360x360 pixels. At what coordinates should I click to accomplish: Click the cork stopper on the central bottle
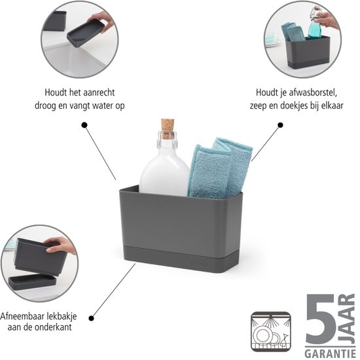(168, 128)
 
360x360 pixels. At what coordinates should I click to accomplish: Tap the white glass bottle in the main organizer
(164, 166)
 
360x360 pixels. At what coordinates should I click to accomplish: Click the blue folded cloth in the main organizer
(220, 168)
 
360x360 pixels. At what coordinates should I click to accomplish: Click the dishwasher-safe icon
(271, 332)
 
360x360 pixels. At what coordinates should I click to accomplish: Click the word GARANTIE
(330, 353)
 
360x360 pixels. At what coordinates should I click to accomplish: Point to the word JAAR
(348, 319)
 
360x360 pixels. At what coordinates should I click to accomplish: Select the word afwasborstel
(313, 92)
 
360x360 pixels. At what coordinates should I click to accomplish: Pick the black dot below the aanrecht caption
(84, 125)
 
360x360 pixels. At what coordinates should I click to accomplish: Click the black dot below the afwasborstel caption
(280, 125)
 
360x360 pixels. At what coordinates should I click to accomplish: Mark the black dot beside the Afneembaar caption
(92, 318)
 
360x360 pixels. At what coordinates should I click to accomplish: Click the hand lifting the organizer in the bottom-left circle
(61, 245)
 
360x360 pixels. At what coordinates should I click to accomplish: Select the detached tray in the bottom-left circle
(32, 283)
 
